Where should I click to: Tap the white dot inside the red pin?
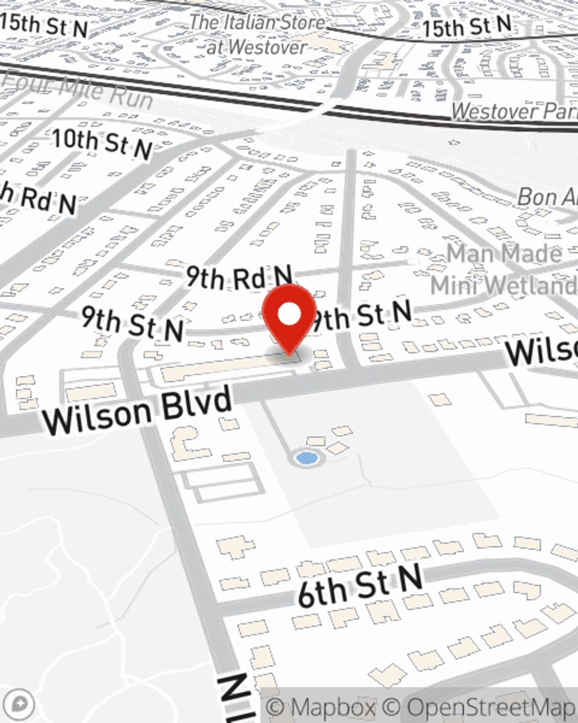(x=290, y=315)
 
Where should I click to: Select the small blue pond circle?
(x=306, y=459)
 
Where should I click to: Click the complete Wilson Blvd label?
(x=138, y=411)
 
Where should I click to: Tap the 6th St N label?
(x=360, y=587)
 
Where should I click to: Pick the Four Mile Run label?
(x=78, y=90)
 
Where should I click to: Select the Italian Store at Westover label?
(x=257, y=35)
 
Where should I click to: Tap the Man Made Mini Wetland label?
(x=503, y=269)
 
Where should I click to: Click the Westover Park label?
(x=514, y=111)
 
